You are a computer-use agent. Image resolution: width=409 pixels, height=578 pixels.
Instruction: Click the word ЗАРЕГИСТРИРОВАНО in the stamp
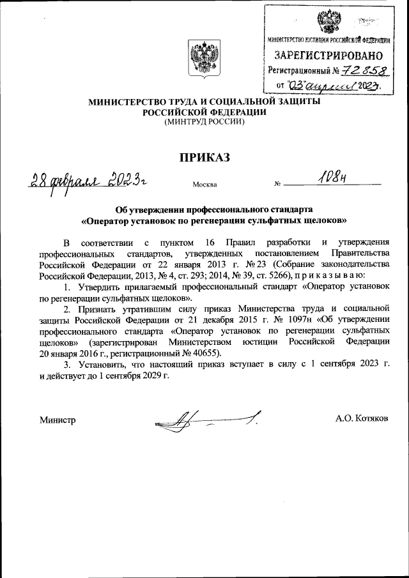pyautogui.click(x=328, y=56)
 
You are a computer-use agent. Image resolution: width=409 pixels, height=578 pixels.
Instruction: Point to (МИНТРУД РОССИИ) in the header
pyautogui.click(x=204, y=121)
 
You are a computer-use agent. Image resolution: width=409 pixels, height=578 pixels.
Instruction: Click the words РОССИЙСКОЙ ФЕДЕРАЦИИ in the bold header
pyautogui.click(x=204, y=111)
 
